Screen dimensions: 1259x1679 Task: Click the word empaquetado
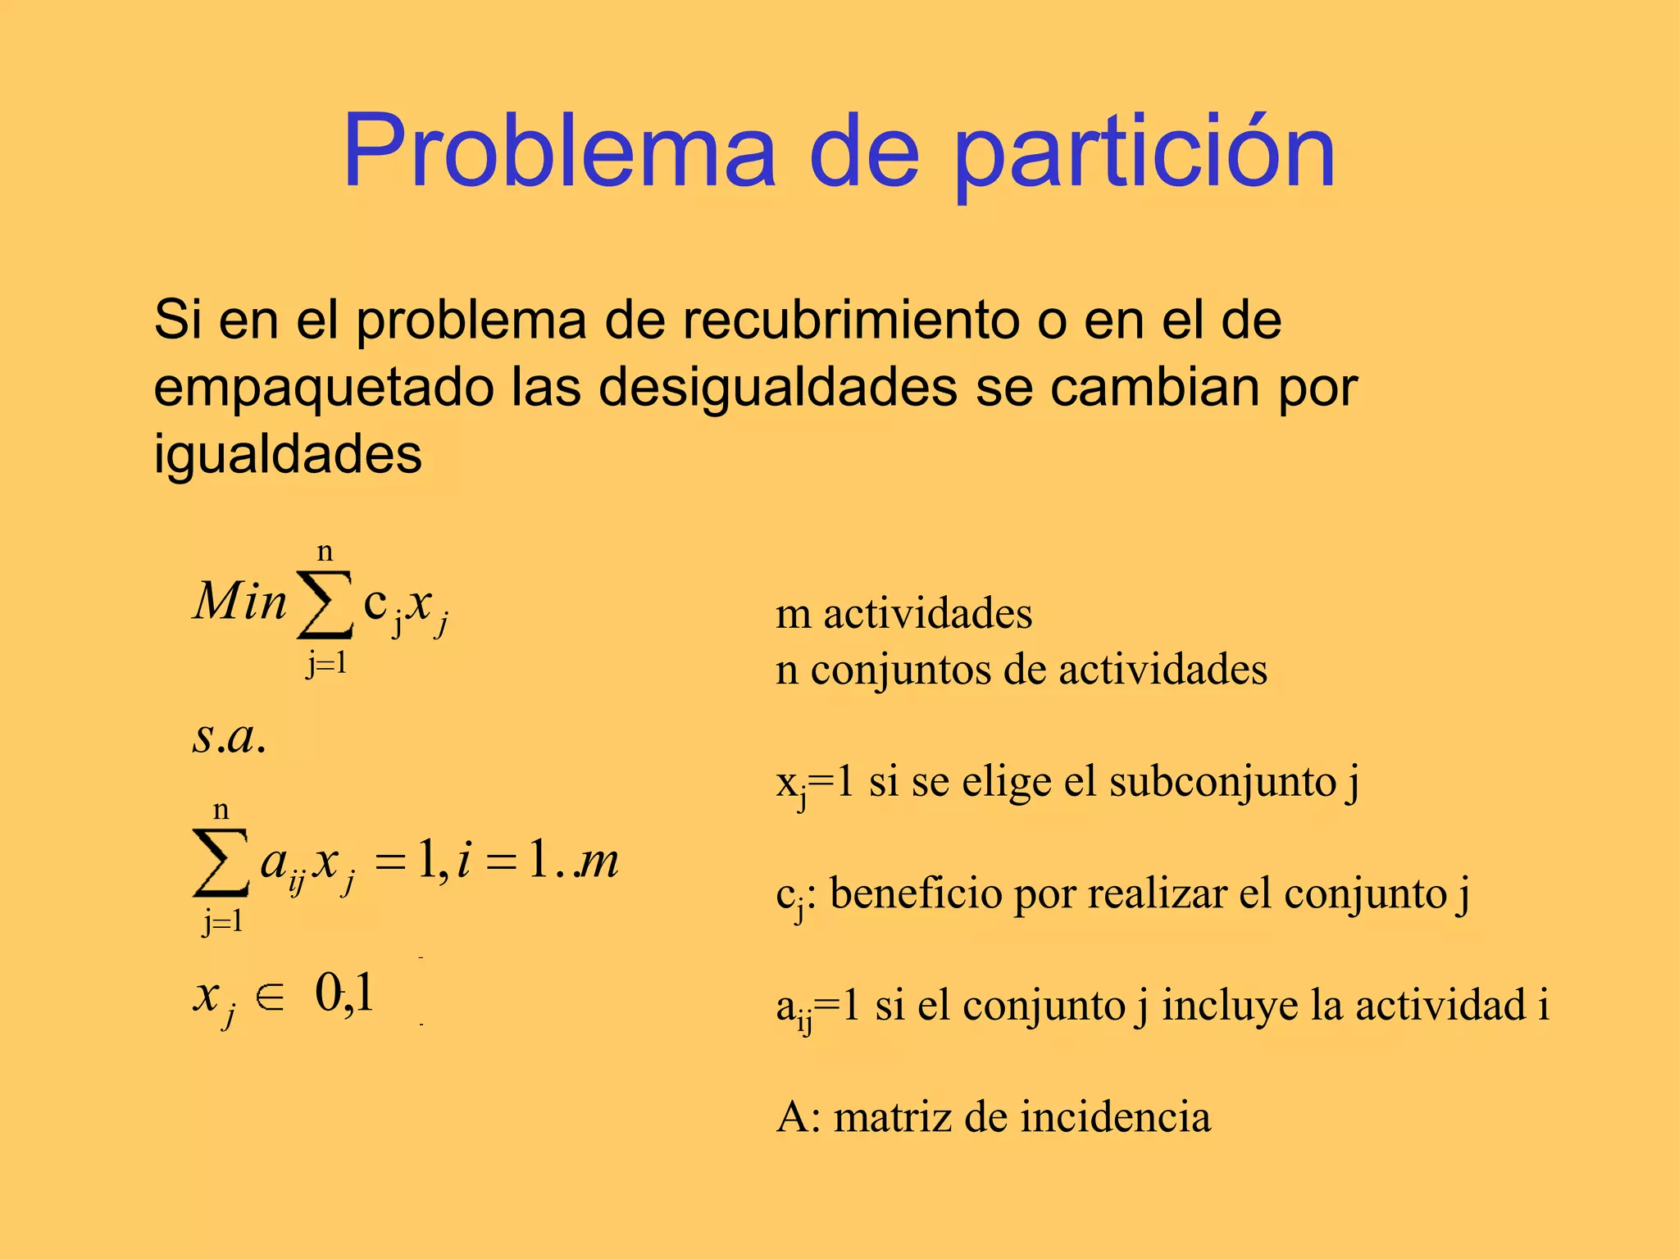tap(324, 388)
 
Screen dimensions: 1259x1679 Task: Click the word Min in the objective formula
tap(239, 601)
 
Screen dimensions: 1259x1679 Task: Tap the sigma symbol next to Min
tap(325, 605)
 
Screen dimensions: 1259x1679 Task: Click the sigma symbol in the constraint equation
tap(221, 862)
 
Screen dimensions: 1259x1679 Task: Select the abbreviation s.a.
tap(229, 736)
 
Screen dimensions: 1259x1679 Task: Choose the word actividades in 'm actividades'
tap(927, 614)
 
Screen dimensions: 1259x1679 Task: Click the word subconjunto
tap(1222, 781)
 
